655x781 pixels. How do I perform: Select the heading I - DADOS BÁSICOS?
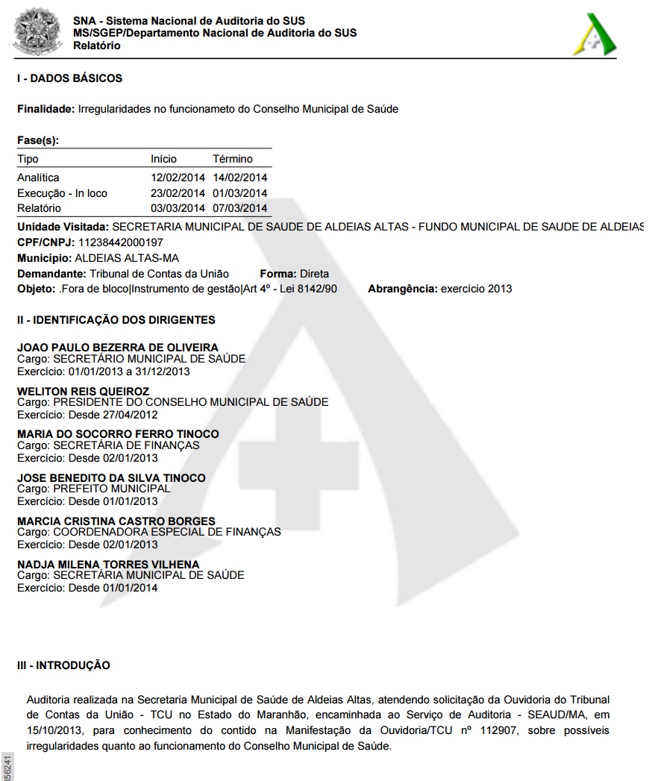(69, 78)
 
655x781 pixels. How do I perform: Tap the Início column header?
(163, 159)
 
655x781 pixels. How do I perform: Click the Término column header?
(233, 159)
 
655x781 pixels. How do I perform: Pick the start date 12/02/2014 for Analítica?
(178, 178)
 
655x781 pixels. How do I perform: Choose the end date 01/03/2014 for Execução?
(239, 193)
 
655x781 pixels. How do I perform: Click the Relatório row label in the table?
(39, 208)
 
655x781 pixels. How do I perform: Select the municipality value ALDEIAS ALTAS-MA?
(127, 258)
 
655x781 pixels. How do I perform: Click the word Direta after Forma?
(314, 274)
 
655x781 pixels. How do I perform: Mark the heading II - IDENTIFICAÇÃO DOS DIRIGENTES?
(116, 320)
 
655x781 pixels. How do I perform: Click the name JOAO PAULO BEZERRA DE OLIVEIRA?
(118, 347)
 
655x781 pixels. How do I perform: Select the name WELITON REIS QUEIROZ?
(83, 391)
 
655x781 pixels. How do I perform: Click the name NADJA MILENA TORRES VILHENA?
(108, 565)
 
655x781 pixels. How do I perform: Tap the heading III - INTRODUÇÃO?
(63, 665)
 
